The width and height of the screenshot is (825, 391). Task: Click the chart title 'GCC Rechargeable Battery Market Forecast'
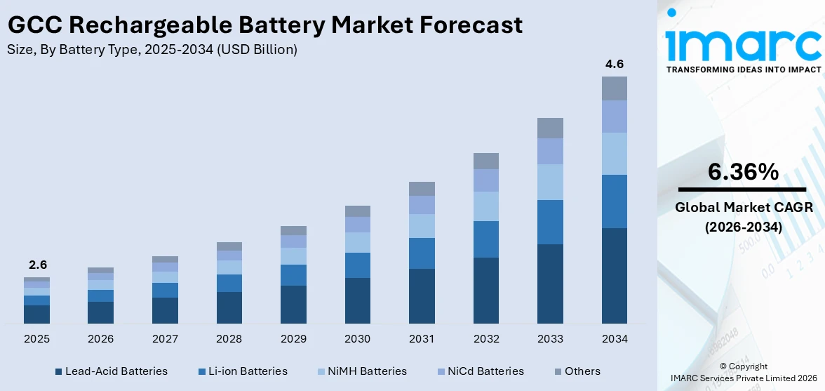pyautogui.click(x=264, y=25)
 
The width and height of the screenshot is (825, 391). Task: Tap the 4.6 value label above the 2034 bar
pyautogui.click(x=614, y=65)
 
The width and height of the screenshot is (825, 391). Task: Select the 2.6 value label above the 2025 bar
pyautogui.click(x=36, y=265)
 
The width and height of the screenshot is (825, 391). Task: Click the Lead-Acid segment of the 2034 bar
pyautogui.click(x=614, y=275)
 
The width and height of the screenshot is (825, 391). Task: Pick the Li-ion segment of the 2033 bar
pyautogui.click(x=550, y=222)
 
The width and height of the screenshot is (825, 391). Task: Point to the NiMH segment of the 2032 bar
pyautogui.click(x=485, y=206)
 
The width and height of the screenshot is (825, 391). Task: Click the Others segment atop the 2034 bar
pyautogui.click(x=614, y=88)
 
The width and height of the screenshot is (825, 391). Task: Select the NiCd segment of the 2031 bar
pyautogui.click(x=422, y=204)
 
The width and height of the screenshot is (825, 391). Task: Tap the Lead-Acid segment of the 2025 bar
pyautogui.click(x=36, y=314)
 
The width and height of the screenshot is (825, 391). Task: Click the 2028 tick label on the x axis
pyautogui.click(x=229, y=339)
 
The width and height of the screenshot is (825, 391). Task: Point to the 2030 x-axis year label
pyautogui.click(x=357, y=339)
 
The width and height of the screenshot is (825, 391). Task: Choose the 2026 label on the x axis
pyautogui.click(x=101, y=339)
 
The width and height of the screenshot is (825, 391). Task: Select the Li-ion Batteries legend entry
pyautogui.click(x=243, y=371)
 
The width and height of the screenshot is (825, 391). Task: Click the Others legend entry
pyautogui.click(x=577, y=371)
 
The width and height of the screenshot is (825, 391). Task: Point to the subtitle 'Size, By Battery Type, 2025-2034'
pyautogui.click(x=152, y=49)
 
